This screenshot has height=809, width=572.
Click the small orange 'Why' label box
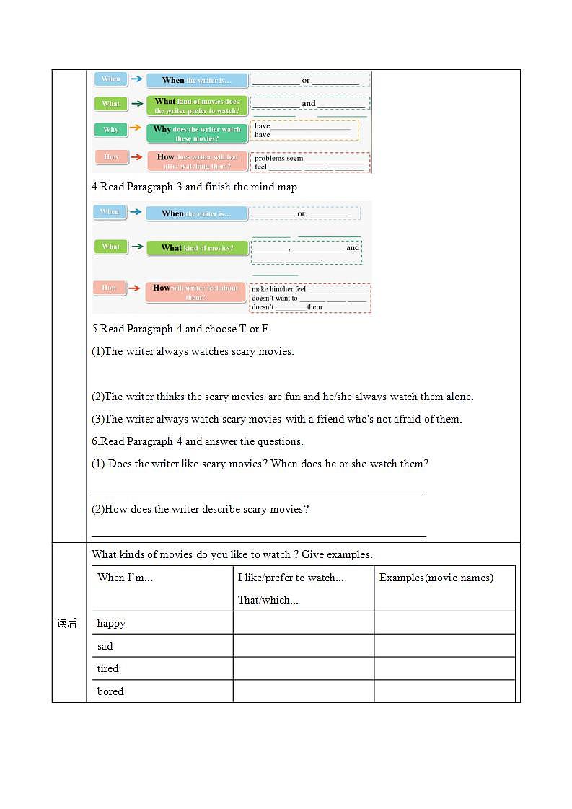pos(110,130)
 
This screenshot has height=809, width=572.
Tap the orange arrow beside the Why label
pos(136,128)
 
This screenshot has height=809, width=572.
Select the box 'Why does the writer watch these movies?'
pos(197,133)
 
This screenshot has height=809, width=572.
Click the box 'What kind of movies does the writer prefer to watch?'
pos(197,106)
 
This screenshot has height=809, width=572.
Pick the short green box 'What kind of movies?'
pos(197,248)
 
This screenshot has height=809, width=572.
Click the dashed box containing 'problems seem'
pos(310,162)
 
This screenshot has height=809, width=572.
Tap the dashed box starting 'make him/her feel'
pos(310,298)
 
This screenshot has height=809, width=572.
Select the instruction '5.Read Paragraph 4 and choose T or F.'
pos(181,329)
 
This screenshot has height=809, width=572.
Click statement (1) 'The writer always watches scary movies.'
pos(193,352)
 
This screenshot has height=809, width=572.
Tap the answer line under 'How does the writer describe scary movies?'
pos(259,536)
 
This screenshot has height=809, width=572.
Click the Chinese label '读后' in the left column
pos(67,623)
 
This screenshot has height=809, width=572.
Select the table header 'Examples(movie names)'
pos(436,578)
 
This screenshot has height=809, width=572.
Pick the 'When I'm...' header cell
pos(125,578)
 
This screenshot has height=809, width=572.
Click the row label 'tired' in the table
pos(108,668)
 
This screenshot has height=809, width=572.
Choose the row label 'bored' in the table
pos(110,691)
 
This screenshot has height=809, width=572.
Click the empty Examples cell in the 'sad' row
pos(444,646)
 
